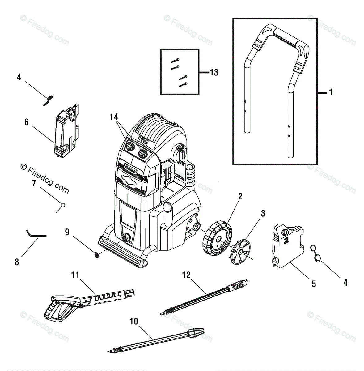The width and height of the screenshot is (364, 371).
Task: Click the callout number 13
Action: (214, 73)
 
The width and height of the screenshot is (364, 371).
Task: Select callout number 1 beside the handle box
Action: (331, 92)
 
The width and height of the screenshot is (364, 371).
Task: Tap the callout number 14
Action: (114, 117)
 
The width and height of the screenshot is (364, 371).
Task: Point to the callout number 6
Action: (26, 122)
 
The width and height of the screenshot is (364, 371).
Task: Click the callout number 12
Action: (186, 275)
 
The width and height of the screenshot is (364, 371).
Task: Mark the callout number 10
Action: (133, 322)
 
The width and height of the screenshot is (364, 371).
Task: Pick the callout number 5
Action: (313, 284)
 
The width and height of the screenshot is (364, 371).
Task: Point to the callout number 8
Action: (17, 262)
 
